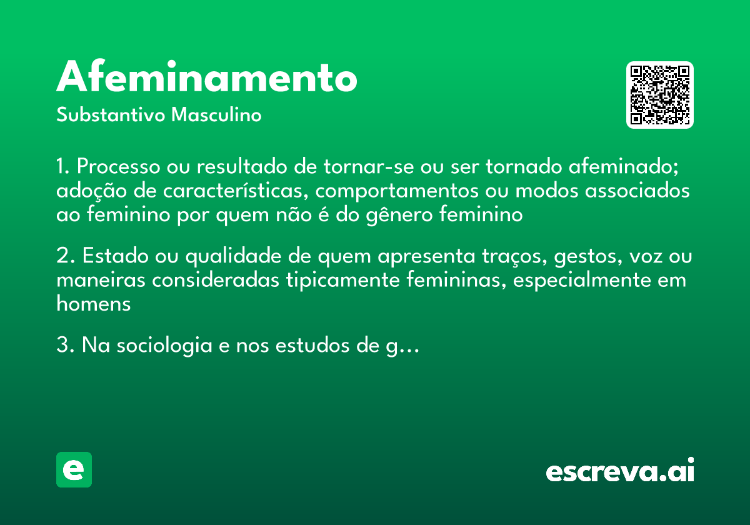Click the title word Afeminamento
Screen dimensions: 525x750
(207, 78)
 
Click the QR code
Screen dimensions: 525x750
(660, 95)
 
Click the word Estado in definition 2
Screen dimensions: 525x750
(111, 257)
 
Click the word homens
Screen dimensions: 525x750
(93, 304)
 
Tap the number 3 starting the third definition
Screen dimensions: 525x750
(61, 346)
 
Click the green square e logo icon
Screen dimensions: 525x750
(74, 469)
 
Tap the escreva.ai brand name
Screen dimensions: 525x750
(619, 470)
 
